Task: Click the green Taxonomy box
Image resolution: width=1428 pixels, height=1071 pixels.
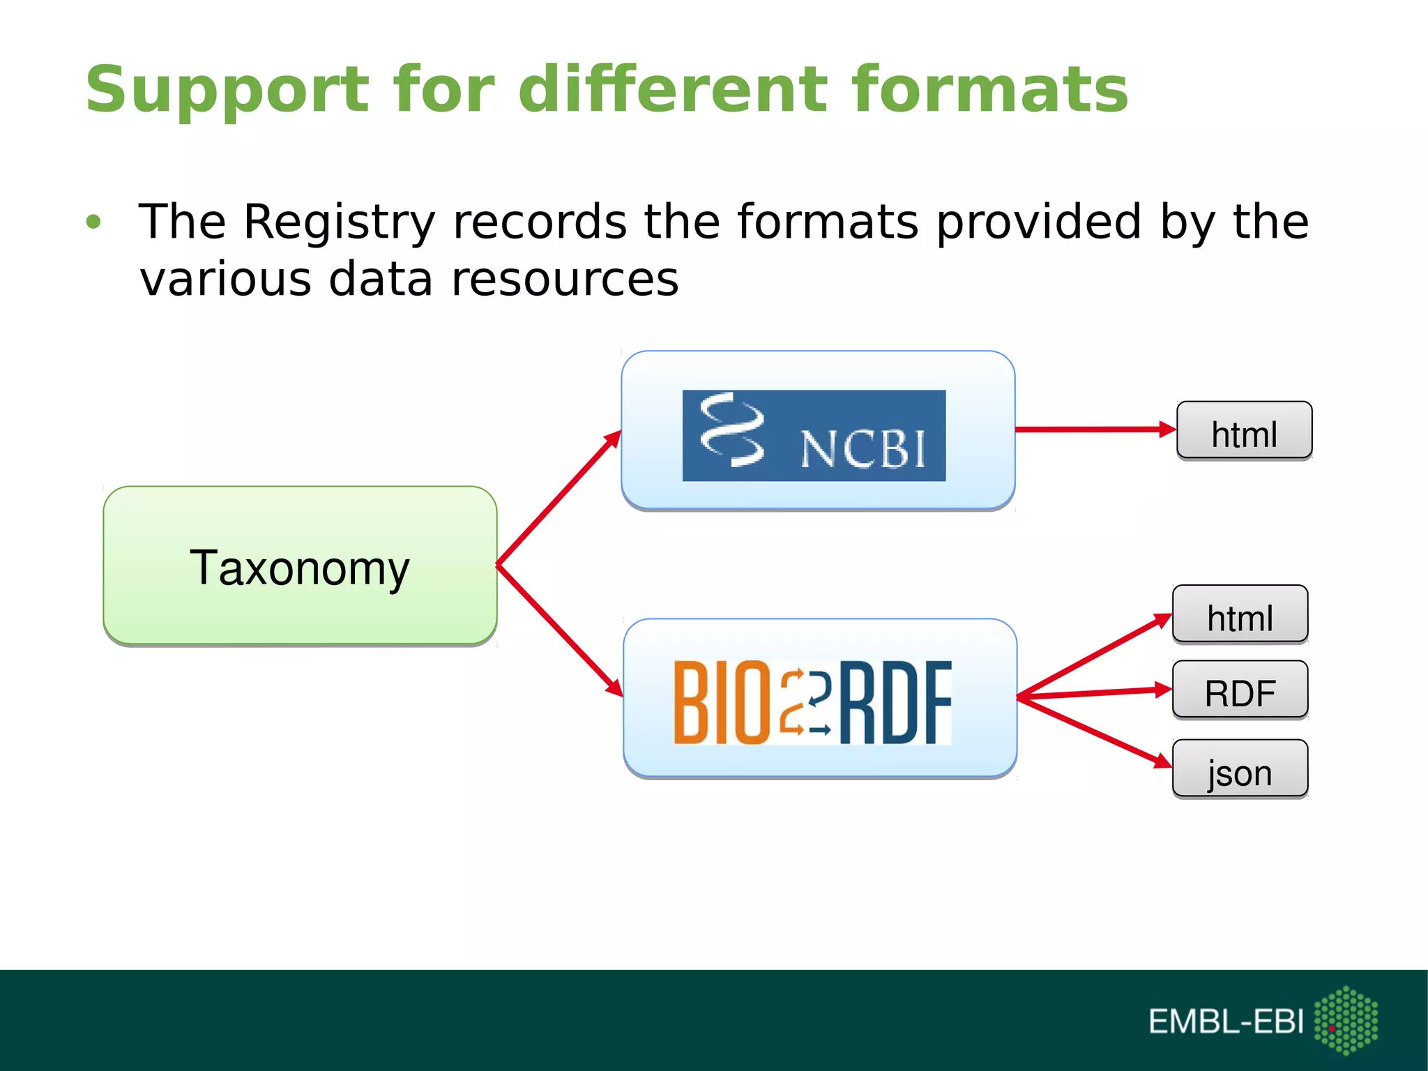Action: [300, 565]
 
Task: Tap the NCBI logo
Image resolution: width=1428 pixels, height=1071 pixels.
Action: [814, 436]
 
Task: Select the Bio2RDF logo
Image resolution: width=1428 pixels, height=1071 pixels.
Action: [812, 702]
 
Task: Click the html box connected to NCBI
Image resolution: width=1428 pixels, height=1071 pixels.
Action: [1244, 432]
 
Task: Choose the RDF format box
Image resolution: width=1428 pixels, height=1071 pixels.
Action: [1240, 691]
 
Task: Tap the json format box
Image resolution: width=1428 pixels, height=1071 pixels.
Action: [1240, 770]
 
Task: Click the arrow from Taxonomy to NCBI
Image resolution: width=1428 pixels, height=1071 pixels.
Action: [558, 498]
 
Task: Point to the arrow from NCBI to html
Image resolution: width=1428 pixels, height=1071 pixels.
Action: [1095, 430]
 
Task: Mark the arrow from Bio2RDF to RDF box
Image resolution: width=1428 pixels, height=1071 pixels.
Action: [1095, 692]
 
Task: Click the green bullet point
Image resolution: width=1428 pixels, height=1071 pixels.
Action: [93, 222]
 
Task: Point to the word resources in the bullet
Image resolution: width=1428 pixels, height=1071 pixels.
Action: [565, 280]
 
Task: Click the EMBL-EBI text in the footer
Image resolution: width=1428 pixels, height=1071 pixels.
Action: [1226, 1022]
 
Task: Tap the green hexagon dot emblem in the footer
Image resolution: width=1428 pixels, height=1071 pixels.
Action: [1346, 1020]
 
